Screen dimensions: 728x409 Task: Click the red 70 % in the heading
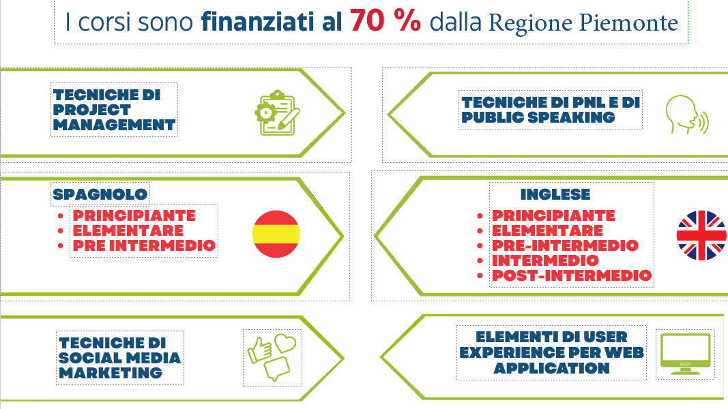tap(385, 21)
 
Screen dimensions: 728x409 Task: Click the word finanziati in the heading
tap(258, 22)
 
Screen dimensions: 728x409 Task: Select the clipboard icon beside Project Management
tap(277, 112)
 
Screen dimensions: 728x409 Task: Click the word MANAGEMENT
tap(114, 125)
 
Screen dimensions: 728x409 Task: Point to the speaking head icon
tap(687, 115)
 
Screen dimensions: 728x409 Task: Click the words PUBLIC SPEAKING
tap(538, 117)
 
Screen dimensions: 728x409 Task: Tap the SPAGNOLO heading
tap(100, 194)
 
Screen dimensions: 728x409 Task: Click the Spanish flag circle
tap(276, 234)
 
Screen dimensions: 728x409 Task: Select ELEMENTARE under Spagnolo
tap(128, 230)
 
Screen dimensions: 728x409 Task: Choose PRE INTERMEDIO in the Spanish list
tap(144, 245)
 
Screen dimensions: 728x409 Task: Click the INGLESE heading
tap(555, 194)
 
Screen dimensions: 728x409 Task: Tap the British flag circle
tap(701, 235)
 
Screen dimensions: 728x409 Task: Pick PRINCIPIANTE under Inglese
tap(553, 215)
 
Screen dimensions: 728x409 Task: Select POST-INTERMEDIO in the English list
tap(572, 275)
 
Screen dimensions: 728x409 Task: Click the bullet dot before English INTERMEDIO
tap(480, 261)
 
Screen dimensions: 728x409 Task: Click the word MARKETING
tap(111, 373)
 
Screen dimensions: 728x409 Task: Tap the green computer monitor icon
tap(685, 354)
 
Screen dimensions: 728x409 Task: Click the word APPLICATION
tap(551, 368)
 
